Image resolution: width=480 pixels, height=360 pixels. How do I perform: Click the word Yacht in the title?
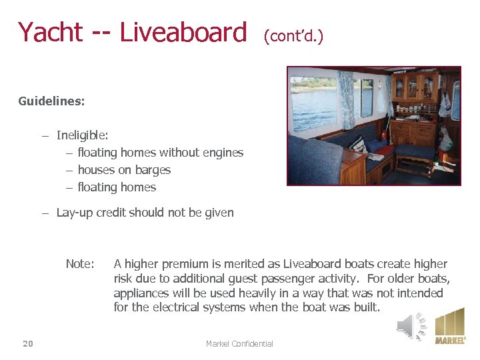(50, 32)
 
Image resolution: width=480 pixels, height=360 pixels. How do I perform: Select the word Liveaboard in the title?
(183, 32)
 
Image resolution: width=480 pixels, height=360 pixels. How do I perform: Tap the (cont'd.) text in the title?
(293, 35)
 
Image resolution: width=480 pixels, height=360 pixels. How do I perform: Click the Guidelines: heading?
(51, 102)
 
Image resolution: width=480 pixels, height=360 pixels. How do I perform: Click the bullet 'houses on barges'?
(124, 170)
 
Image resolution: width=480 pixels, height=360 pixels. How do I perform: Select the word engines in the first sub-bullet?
(223, 153)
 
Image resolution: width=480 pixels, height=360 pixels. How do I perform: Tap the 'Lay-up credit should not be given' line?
(145, 213)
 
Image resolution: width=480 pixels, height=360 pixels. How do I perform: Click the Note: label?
(80, 264)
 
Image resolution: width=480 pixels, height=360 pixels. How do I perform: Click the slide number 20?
(27, 343)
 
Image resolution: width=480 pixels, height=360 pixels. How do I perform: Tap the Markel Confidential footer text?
(239, 343)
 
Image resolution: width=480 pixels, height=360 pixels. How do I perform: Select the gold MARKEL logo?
(450, 326)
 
